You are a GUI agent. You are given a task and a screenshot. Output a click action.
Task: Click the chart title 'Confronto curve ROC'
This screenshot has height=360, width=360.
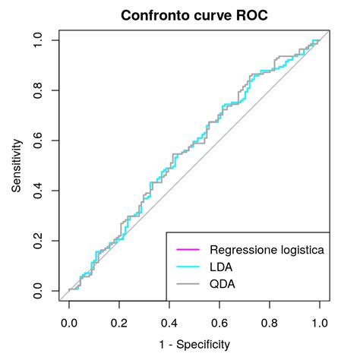pos(193,15)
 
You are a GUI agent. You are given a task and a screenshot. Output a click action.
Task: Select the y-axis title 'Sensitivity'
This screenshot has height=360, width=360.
pos(16,166)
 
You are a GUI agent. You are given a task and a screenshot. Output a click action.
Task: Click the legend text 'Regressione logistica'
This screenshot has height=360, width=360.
pos(267,250)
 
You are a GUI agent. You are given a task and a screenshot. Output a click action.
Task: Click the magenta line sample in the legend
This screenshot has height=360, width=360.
pos(187,250)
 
